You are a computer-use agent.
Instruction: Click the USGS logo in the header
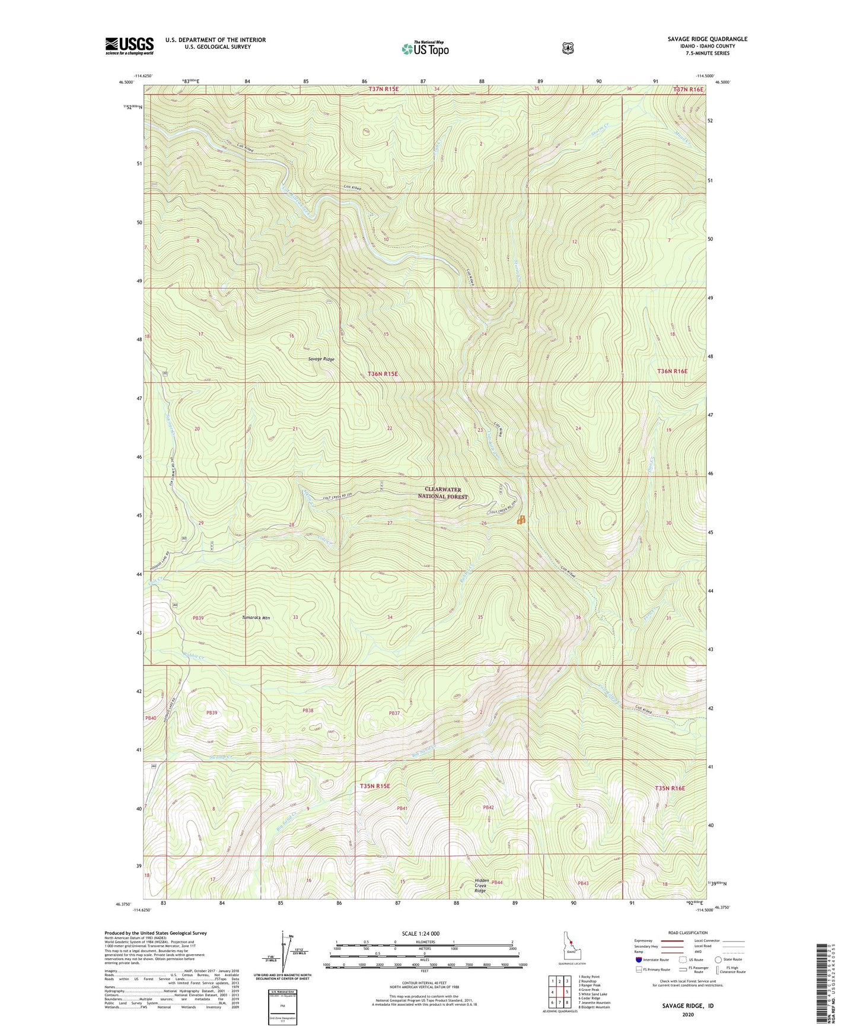129,46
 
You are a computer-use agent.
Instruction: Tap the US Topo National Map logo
425,48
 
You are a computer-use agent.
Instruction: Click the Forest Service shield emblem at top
568,47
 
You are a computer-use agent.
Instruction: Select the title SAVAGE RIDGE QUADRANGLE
707,39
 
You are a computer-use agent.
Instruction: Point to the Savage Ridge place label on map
321,360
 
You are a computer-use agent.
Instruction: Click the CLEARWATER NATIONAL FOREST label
442,493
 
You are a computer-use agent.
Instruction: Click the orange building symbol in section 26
521,520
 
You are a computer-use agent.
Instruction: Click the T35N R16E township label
670,788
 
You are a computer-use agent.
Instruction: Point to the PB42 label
488,808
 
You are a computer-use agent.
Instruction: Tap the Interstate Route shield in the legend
638,959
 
